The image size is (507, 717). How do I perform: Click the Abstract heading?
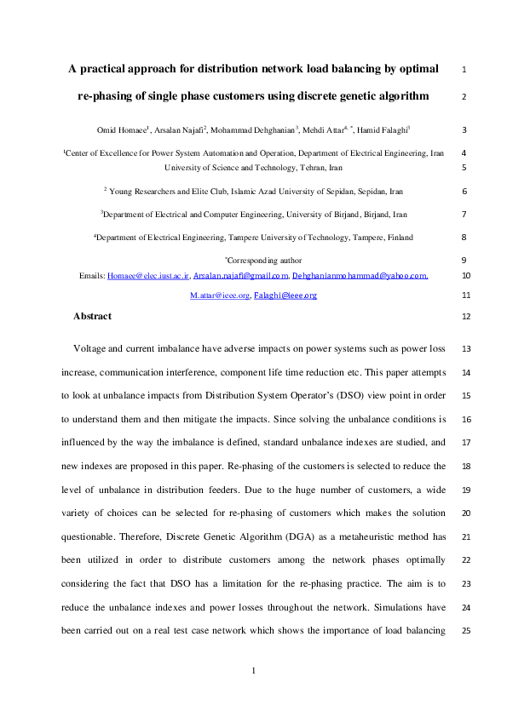pyautogui.click(x=92, y=316)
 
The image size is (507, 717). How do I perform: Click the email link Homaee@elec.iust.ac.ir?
pyautogui.click(x=147, y=276)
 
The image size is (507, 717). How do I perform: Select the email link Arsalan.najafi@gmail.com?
pyautogui.click(x=241, y=276)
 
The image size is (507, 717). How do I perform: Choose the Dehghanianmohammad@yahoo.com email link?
pyautogui.click(x=359, y=276)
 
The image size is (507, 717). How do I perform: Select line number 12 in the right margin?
pyautogui.click(x=465, y=316)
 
